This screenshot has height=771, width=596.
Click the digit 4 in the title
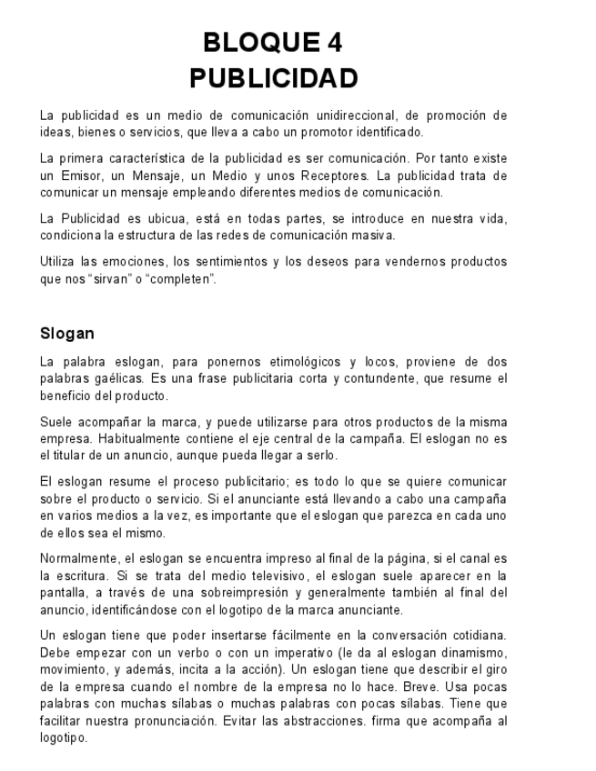(334, 42)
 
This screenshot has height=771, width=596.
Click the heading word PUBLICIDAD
(274, 79)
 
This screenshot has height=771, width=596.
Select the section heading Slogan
(68, 333)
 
